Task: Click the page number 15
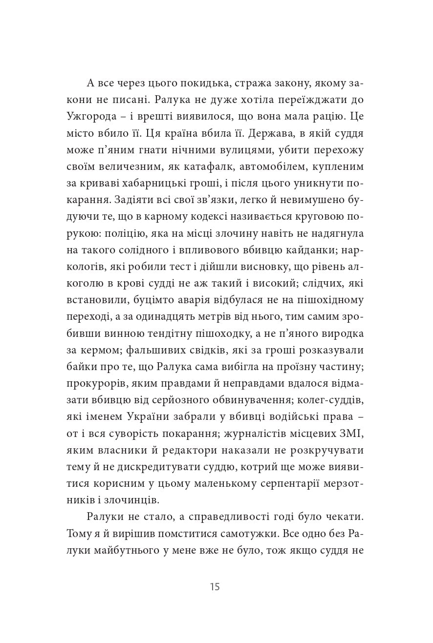215,587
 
